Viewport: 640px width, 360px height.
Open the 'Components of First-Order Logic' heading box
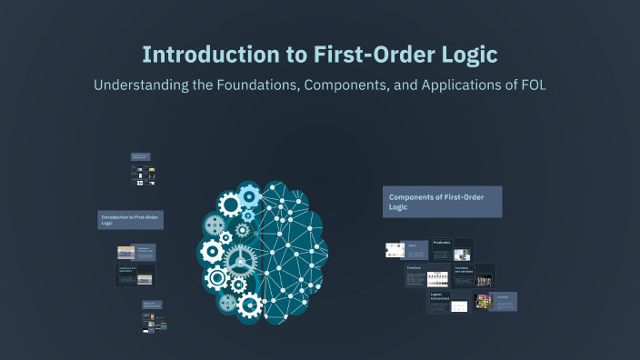pyautogui.click(x=443, y=201)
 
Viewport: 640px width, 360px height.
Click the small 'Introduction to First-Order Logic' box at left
pyautogui.click(x=130, y=220)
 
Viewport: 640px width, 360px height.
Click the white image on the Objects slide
pyautogui.click(x=395, y=249)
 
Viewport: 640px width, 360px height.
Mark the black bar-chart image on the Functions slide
pyautogui.click(x=438, y=278)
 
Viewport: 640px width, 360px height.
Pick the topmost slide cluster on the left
pyautogui.click(x=141, y=170)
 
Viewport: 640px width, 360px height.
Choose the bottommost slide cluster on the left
pyautogui.click(x=152, y=315)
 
